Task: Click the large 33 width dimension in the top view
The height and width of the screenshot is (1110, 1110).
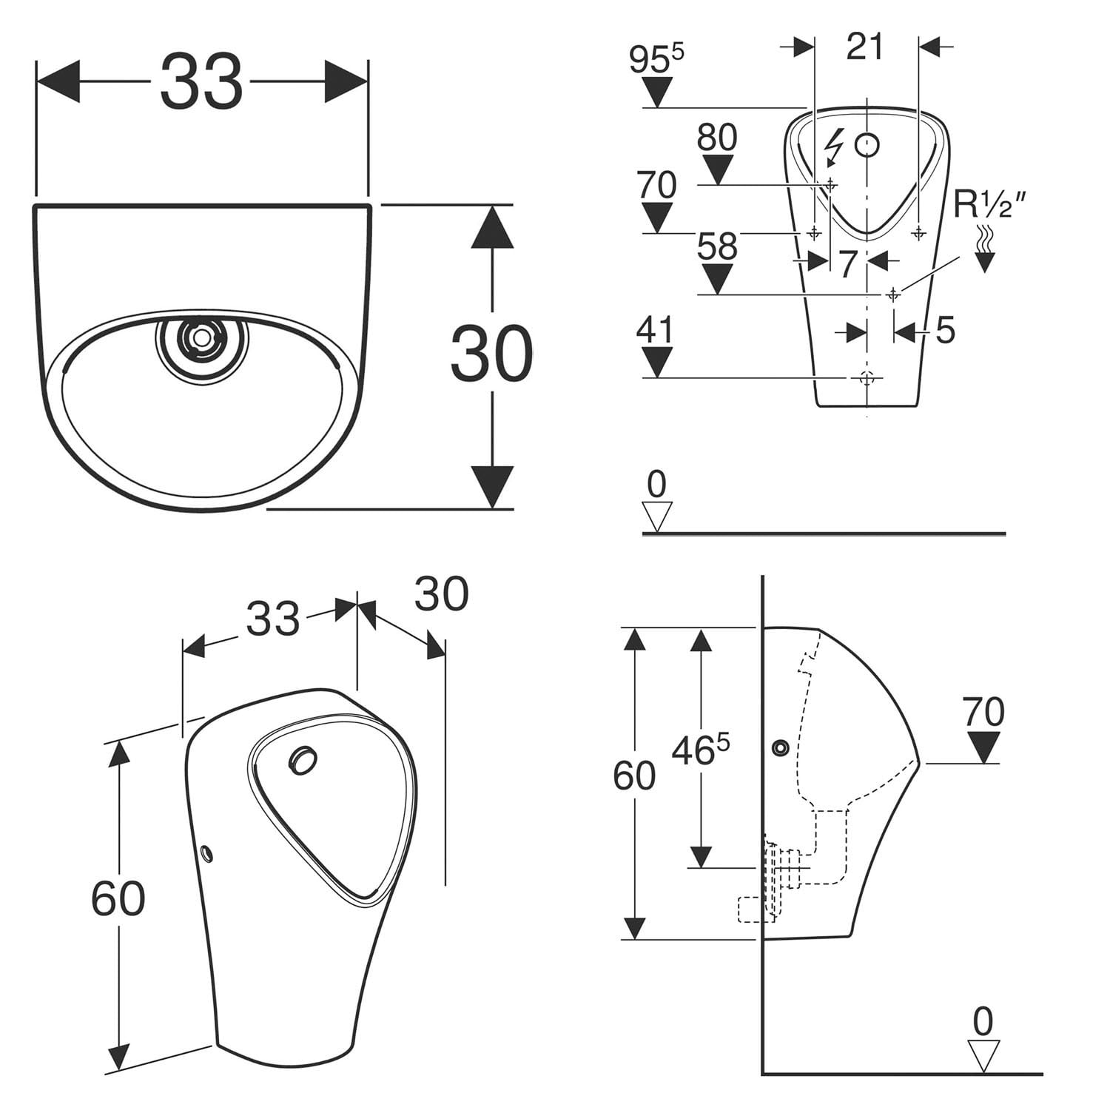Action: pyautogui.click(x=201, y=82)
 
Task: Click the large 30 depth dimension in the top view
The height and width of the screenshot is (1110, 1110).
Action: pyautogui.click(x=491, y=354)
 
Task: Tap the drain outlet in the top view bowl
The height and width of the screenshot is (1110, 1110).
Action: pyautogui.click(x=201, y=338)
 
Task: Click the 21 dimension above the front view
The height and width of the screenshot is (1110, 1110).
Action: pyautogui.click(x=865, y=47)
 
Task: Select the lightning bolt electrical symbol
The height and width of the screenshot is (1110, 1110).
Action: pyautogui.click(x=836, y=145)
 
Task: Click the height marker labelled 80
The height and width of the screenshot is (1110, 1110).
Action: pyautogui.click(x=717, y=138)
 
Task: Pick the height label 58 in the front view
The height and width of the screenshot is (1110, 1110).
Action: pyautogui.click(x=717, y=246)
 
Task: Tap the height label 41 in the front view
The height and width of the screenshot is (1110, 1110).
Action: pyautogui.click(x=656, y=330)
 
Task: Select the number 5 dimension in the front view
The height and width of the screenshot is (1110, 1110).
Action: pyautogui.click(x=945, y=330)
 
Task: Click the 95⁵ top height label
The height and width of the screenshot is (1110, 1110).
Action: pyautogui.click(x=656, y=60)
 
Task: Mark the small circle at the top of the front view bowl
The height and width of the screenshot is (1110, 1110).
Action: pyautogui.click(x=867, y=145)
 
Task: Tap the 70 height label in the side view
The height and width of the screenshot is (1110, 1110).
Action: pyautogui.click(x=983, y=712)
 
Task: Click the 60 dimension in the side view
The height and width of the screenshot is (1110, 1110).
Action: pyautogui.click(x=634, y=776)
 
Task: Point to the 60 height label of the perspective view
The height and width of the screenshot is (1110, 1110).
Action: pyautogui.click(x=118, y=898)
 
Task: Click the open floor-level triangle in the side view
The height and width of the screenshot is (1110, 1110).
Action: pyautogui.click(x=983, y=1055)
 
